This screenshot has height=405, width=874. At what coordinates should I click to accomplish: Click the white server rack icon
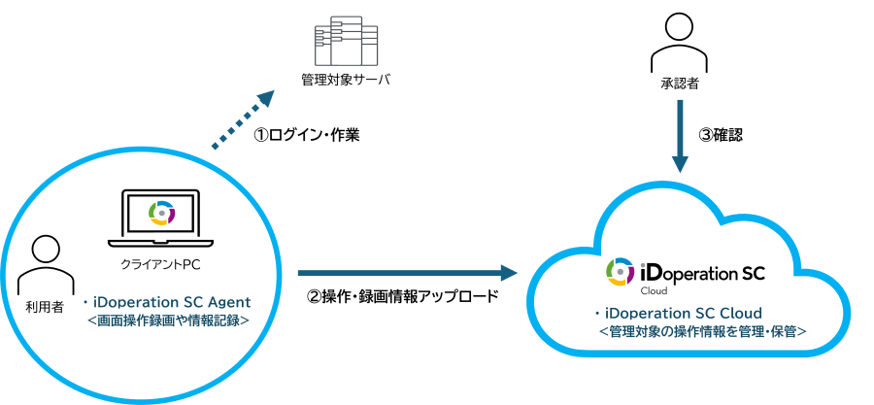tap(346, 41)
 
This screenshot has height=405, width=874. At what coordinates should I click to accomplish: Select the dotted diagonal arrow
tap(241, 121)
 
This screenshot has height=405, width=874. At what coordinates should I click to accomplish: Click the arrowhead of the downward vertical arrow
tap(680, 163)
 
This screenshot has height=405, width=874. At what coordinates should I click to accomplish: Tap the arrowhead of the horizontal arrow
tap(508, 273)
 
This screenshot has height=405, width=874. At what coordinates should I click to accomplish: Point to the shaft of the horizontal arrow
tap(398, 273)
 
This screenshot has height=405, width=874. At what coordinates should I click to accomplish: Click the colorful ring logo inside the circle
tap(162, 213)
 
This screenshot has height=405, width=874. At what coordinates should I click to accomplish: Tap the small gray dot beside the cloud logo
tap(643, 263)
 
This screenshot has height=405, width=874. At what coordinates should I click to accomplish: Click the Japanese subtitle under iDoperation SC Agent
tap(168, 319)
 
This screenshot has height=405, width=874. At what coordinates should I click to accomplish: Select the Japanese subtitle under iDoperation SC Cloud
tap(702, 331)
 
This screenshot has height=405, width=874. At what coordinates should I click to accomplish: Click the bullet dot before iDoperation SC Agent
tap(85, 302)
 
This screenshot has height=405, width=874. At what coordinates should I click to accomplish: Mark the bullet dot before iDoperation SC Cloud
tap(598, 314)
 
